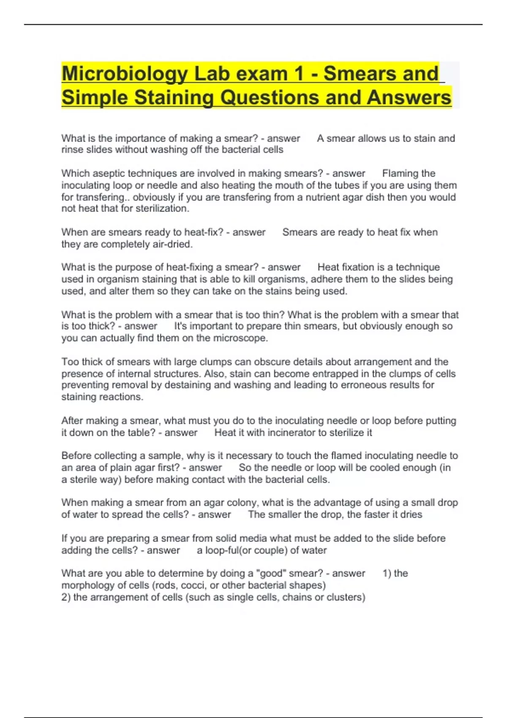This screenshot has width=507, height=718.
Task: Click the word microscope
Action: pos(240,338)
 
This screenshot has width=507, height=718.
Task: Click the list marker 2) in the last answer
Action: pos(66,597)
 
